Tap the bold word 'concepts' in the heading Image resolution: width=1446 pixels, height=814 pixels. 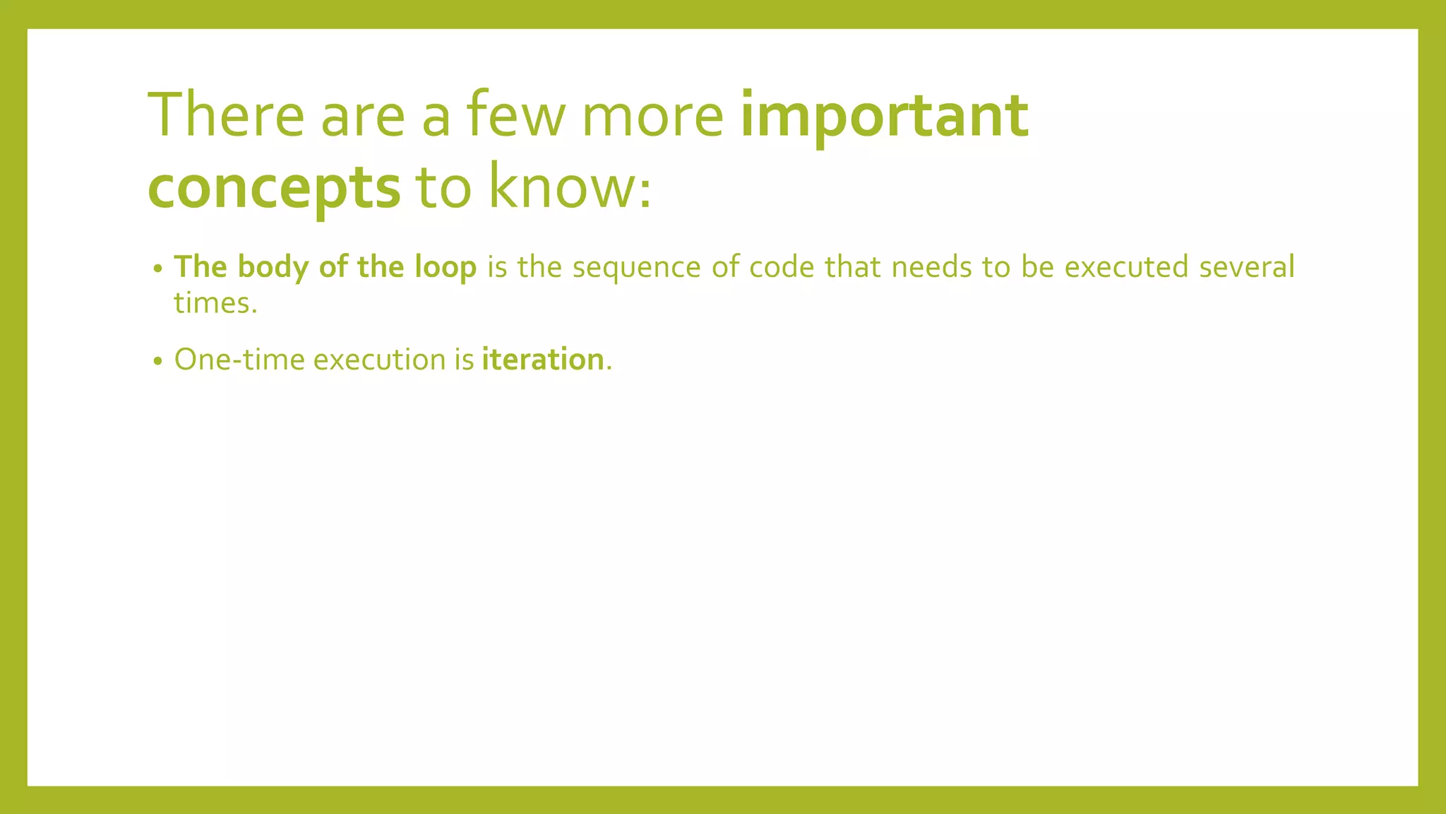pyautogui.click(x=274, y=188)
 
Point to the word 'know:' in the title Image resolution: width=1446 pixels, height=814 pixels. pyautogui.click(x=570, y=187)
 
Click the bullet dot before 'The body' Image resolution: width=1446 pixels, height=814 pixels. pyautogui.click(x=158, y=269)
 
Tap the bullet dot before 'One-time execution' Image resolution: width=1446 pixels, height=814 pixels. pyautogui.click(x=158, y=362)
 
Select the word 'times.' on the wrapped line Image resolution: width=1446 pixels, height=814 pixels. pyautogui.click(x=215, y=303)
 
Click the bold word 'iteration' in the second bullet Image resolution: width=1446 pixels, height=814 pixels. pyautogui.click(x=542, y=360)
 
